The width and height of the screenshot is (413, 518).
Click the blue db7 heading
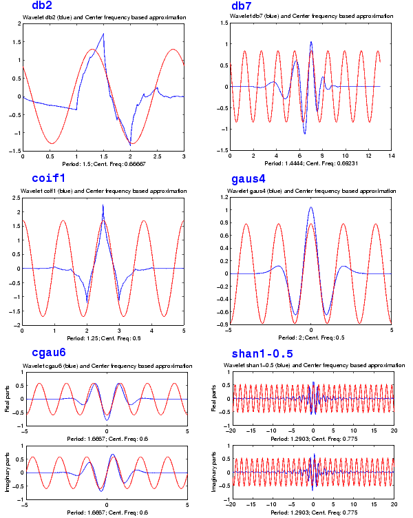(x=242, y=6)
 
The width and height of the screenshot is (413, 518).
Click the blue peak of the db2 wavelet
(x=103, y=34)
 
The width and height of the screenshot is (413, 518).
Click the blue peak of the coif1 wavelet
(x=103, y=206)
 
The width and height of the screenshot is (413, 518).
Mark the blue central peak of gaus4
(x=311, y=207)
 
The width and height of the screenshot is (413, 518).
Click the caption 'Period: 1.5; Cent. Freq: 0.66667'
(x=103, y=165)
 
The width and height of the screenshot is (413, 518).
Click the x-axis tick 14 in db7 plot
(x=390, y=156)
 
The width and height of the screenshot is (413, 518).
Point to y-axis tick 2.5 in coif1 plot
(x=17, y=198)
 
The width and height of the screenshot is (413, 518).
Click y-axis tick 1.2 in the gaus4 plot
(x=222, y=198)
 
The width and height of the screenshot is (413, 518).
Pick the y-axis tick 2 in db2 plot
(x=19, y=23)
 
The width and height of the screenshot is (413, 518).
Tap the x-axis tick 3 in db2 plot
(x=184, y=156)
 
